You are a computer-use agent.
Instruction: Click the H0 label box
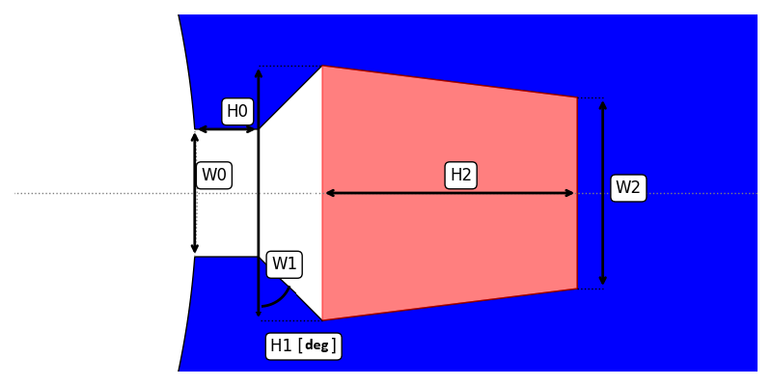coord(237,111)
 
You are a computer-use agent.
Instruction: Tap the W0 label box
coord(213,176)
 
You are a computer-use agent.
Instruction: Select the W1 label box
coord(284,264)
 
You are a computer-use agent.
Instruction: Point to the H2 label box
coord(461,176)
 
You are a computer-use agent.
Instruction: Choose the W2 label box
coord(628,188)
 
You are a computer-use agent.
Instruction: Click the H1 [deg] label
coord(303,345)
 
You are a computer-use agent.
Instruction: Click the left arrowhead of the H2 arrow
coord(328,193)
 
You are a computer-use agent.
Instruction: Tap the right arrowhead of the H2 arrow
coord(571,193)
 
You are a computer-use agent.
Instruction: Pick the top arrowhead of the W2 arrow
coord(603,102)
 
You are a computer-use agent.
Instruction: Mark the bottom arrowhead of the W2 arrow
coord(603,283)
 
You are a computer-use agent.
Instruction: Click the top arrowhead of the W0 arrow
coord(195,135)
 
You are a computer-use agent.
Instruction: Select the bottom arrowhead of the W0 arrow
coord(195,251)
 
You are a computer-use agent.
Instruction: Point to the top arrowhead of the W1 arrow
coord(259,71)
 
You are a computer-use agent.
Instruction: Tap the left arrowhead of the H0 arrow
coord(201,129)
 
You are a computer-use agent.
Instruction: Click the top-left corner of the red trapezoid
coord(322,67)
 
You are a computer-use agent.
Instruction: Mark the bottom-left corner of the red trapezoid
coord(322,319)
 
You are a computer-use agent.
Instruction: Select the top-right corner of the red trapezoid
coord(577,97)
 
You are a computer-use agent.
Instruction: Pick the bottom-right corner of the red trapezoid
coord(577,289)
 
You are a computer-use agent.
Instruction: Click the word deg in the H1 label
coord(317,345)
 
